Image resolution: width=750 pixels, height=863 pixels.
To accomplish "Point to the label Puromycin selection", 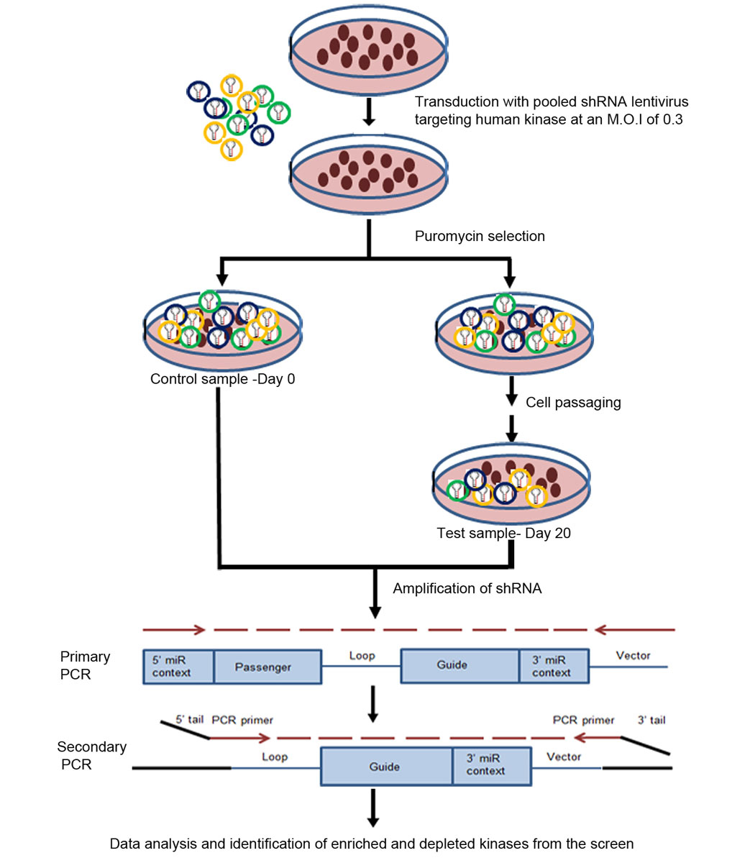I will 480,236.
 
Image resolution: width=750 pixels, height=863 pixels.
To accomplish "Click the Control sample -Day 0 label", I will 222,379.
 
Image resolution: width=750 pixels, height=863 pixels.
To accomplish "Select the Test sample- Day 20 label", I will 503,534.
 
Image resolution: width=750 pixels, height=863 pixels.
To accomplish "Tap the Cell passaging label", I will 573,403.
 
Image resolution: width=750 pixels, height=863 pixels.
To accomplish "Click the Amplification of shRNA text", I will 467,588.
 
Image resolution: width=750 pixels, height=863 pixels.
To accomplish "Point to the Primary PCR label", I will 85,665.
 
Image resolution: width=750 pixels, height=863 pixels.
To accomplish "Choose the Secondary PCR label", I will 91,755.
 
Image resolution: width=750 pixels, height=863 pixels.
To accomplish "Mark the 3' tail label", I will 651,720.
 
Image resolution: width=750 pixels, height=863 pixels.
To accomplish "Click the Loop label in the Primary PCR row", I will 362,655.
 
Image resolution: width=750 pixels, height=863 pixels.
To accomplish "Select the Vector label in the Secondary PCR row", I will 564,757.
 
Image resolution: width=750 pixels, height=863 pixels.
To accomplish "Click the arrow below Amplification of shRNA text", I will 375,593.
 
